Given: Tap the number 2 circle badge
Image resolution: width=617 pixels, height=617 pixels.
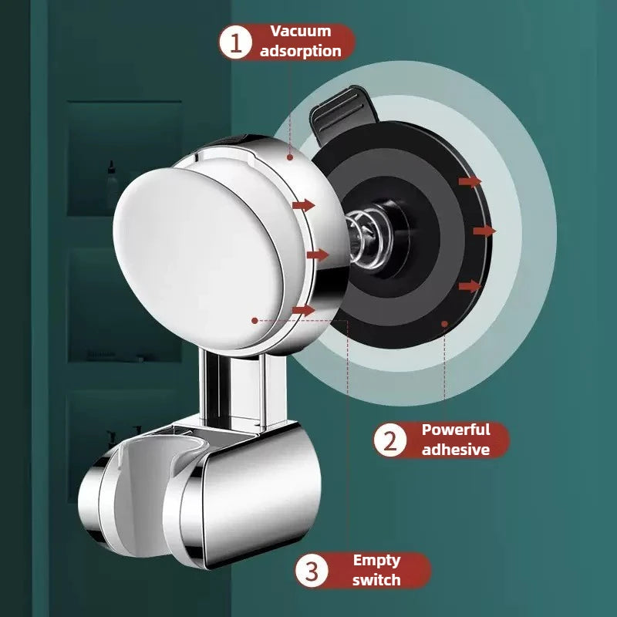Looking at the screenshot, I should (391, 440).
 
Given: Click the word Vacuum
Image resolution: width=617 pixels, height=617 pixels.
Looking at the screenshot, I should (300, 32).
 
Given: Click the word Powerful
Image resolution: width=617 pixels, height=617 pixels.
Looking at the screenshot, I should (455, 430).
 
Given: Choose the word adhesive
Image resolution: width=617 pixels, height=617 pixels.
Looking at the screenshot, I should (455, 449).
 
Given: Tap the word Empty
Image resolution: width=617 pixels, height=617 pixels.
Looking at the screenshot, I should (377, 561).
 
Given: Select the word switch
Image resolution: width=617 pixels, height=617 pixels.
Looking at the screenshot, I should (377, 580).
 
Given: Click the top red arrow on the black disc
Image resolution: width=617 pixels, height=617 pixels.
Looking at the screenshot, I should (470, 181).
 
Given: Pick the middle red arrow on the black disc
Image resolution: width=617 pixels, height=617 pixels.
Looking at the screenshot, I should (484, 231).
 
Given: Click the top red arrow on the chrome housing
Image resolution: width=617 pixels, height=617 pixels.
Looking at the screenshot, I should (305, 205).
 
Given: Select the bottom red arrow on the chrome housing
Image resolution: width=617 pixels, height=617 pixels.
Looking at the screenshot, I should (305, 310).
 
